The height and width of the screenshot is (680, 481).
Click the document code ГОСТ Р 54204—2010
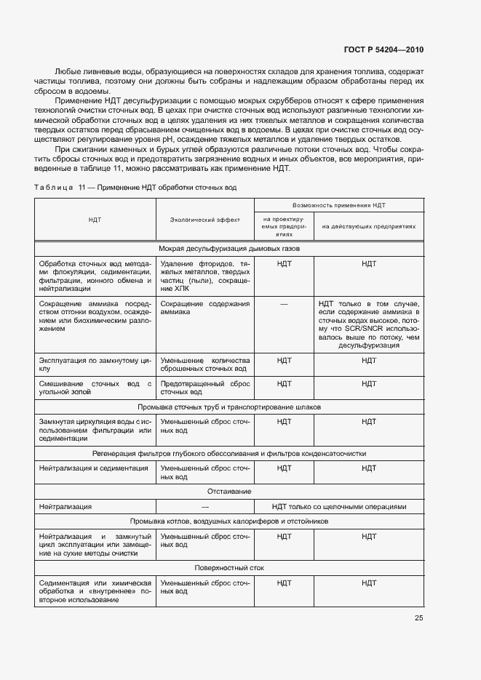(x=383, y=50)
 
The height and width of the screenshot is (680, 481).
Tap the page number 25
(x=418, y=618)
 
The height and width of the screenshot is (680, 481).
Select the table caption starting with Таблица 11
(x=135, y=188)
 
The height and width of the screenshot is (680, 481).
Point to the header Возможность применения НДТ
(x=338, y=206)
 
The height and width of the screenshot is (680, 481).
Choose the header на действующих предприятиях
(x=369, y=226)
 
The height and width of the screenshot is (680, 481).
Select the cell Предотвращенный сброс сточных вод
(x=205, y=388)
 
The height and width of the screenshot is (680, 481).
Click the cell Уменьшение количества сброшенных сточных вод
(x=205, y=364)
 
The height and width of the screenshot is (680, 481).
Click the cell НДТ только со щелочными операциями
(x=338, y=507)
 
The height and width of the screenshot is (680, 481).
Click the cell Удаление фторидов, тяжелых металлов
(x=205, y=274)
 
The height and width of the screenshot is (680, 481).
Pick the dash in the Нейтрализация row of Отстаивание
(x=205, y=507)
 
